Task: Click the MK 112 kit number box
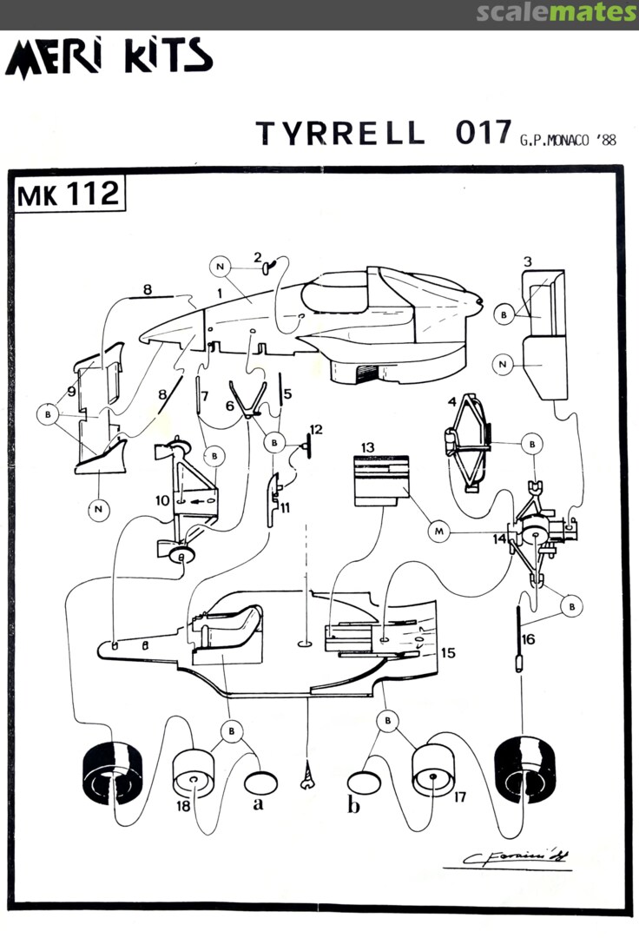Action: coord(67,195)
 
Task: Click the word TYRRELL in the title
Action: coord(341,134)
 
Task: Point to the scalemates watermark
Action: coord(556,12)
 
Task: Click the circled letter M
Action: coord(439,530)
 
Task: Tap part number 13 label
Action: coord(368,446)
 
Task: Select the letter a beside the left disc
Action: coord(258,804)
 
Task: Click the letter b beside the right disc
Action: coord(353,806)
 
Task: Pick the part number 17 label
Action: coord(459,795)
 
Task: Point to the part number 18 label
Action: coord(182,807)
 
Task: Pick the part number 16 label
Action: coord(529,639)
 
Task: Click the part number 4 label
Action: coord(452,401)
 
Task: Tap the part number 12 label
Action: coord(315,430)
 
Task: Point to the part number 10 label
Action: coord(161,501)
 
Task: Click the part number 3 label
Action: coord(528,261)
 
